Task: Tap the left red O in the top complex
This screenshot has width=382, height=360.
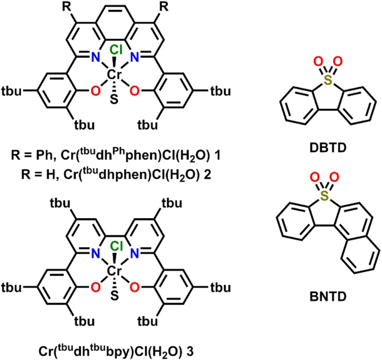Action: (x=95, y=92)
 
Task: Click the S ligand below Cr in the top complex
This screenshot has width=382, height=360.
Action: (x=114, y=102)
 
